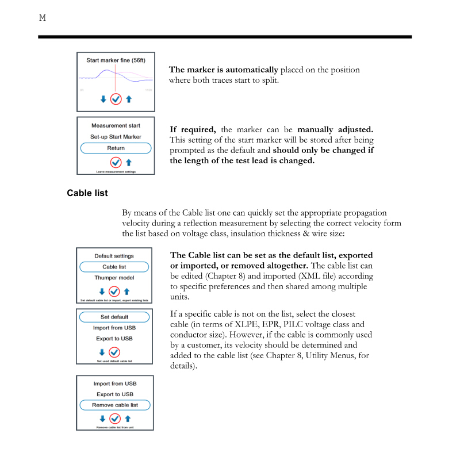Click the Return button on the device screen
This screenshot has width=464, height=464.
tap(116, 148)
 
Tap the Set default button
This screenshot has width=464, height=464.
tap(114, 317)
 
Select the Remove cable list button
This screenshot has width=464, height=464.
tap(114, 405)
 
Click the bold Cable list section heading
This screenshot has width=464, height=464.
tap(87, 193)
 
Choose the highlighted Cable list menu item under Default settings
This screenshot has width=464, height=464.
tap(114, 267)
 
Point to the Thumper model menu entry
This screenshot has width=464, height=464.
tap(114, 278)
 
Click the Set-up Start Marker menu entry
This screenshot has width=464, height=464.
tap(116, 137)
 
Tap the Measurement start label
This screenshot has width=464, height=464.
tap(116, 125)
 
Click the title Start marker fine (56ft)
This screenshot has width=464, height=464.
tap(116, 60)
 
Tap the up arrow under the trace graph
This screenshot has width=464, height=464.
tap(129, 99)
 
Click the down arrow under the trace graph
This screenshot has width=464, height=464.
tap(103, 99)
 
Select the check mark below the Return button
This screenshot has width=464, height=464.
tap(116, 163)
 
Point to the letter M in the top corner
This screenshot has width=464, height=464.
tap(42, 18)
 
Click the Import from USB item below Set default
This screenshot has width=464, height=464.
tap(114, 328)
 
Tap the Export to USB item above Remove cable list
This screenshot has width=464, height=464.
tap(114, 394)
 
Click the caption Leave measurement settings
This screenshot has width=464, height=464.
tap(116, 171)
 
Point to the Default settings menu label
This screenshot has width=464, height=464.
tap(114, 256)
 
